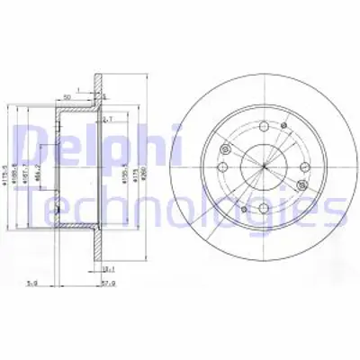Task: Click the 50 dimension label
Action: click(67, 94)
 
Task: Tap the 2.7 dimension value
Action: click(109, 119)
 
